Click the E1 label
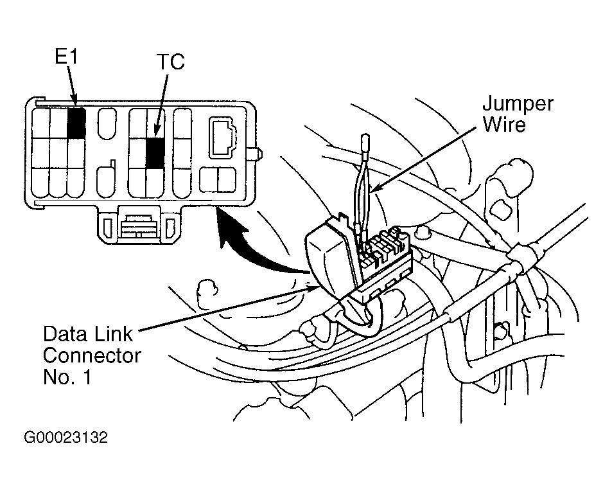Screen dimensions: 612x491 (66, 57)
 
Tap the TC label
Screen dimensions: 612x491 (171, 62)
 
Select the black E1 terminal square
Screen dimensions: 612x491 (76, 123)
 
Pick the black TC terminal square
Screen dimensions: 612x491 (155, 152)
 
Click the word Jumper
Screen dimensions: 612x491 (518, 105)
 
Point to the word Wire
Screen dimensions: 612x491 (504, 124)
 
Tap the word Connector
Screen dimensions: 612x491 (92, 356)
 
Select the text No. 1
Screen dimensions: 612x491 (67, 377)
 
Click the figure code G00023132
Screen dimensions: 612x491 (66, 438)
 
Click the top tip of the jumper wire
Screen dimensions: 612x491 (365, 136)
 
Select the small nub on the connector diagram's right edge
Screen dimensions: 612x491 (256, 154)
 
